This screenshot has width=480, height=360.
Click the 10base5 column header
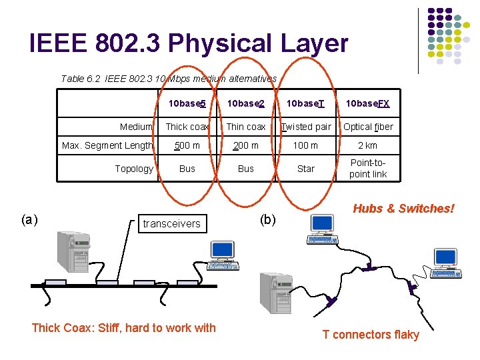[187, 103]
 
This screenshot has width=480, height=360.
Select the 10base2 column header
[246, 103]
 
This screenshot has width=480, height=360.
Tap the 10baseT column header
[305, 103]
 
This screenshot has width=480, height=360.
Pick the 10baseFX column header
[367, 103]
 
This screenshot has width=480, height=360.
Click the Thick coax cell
[187, 127]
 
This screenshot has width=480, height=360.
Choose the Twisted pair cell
[306, 127]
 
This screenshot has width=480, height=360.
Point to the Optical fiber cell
[368, 127]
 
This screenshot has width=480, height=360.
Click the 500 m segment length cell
[187, 145]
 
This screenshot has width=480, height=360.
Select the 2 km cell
[367, 145]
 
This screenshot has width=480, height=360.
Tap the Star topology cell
[305, 169]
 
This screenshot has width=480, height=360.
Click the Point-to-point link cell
[367, 169]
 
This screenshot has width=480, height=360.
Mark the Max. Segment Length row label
[107, 145]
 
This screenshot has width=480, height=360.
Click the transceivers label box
[171, 223]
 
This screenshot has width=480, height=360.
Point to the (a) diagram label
[29, 219]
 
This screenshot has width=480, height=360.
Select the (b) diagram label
[267, 219]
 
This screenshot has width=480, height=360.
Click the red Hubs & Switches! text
[403, 209]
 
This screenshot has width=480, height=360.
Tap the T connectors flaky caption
[371, 335]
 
